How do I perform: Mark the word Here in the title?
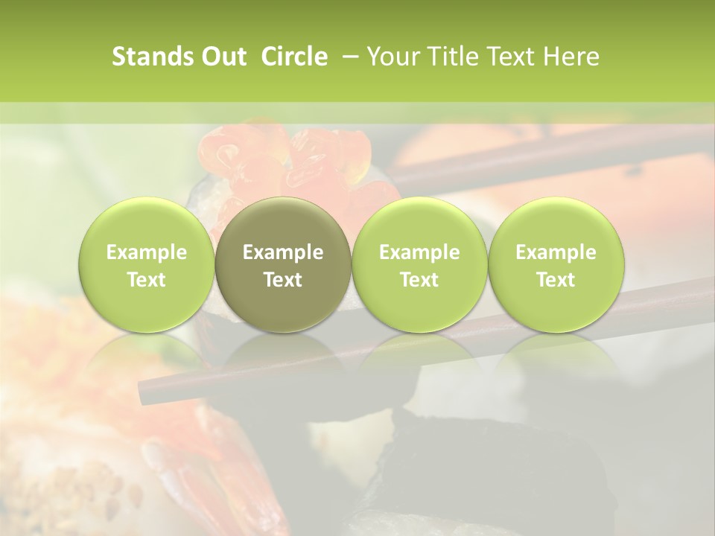(x=572, y=57)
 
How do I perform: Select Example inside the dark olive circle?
(x=283, y=252)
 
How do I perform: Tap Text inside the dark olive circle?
(x=283, y=280)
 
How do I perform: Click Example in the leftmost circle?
(x=147, y=252)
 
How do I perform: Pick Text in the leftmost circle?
(x=147, y=280)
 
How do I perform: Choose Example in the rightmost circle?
(x=556, y=252)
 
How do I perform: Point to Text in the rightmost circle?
(x=556, y=280)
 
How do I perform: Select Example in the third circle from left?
(x=419, y=252)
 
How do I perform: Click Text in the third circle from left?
(x=419, y=280)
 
